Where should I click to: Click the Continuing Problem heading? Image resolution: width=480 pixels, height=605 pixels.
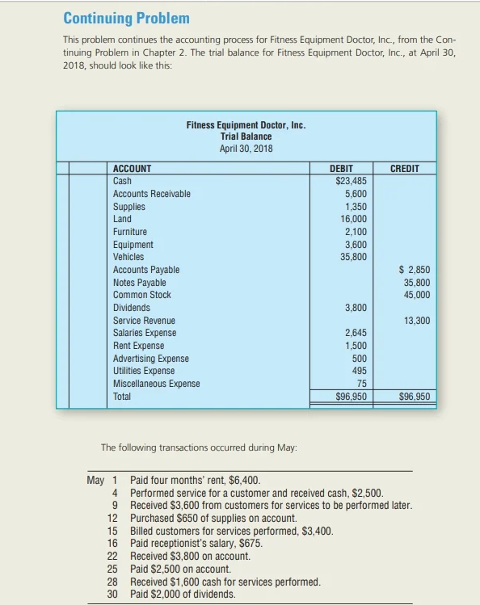pos(126,18)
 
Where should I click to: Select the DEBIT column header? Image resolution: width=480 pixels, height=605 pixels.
pos(341,169)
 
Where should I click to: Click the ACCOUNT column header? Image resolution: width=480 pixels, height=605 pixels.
pos(132,169)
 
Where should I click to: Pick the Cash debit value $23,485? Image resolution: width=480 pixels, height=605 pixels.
pos(351,181)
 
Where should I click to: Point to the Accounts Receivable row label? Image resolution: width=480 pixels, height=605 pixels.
pos(152,194)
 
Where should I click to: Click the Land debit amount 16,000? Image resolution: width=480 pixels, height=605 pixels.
pos(353,219)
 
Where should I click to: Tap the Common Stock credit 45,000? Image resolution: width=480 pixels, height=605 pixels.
pos(416,295)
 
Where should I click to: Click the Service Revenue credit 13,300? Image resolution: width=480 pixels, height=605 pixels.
pos(416,321)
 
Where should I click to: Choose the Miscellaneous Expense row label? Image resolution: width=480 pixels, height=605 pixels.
pos(157,384)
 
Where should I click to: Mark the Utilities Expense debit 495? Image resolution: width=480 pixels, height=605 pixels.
pos(360,371)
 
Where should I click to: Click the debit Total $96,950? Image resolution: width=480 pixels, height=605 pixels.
pos(351,397)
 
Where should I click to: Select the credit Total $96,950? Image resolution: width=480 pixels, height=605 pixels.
pos(415,397)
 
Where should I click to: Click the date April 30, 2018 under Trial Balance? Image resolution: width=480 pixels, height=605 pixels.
pos(246,148)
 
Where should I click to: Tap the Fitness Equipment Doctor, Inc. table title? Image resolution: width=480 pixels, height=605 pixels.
pos(246,126)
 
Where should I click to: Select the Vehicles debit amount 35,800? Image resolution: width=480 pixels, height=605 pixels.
pos(353,257)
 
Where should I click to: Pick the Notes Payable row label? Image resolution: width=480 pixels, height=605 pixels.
pos(140,283)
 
